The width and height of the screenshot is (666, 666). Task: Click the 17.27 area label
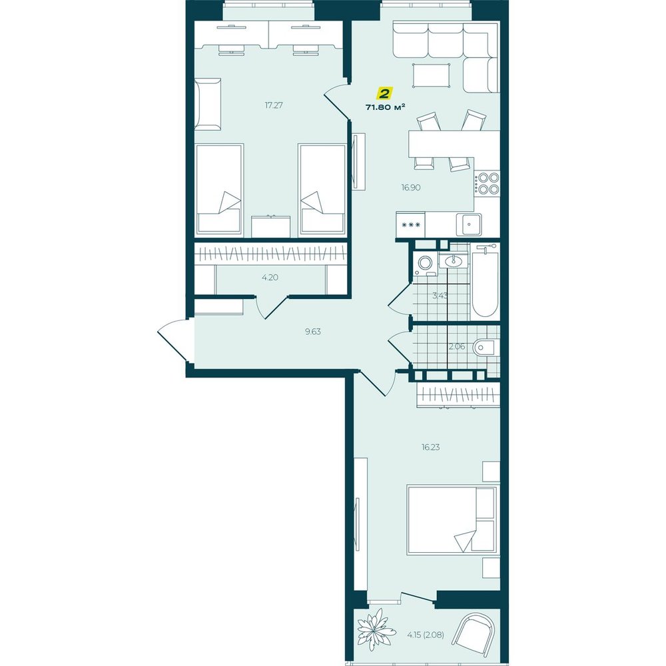pyautogui.click(x=274, y=105)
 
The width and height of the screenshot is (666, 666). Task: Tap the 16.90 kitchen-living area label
pyautogui.click(x=411, y=187)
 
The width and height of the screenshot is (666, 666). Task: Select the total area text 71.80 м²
pyautogui.click(x=385, y=107)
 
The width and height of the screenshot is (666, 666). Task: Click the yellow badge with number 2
pyautogui.click(x=385, y=93)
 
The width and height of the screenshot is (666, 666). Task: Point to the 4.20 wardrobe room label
pyautogui.click(x=270, y=278)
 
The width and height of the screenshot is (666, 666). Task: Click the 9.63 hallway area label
pyautogui.click(x=312, y=332)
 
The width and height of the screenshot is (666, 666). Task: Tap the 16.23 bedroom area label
pyautogui.click(x=430, y=448)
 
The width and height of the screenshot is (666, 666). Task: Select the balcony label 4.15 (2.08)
pyautogui.click(x=425, y=635)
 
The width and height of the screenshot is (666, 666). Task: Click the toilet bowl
pyautogui.click(x=485, y=348)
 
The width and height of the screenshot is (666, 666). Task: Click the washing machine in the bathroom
pyautogui.click(x=424, y=263)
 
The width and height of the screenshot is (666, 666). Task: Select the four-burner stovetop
pyautogui.click(x=488, y=183)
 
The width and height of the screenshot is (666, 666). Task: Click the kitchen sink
pyautogui.click(x=469, y=224)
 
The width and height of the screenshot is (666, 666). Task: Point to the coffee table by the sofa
pyautogui.click(x=431, y=75)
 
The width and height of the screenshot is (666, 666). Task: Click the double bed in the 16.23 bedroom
pyautogui.click(x=451, y=520)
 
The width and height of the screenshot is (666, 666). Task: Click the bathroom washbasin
pyautogui.click(x=453, y=260)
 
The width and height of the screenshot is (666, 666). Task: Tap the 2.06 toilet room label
pyautogui.click(x=457, y=346)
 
